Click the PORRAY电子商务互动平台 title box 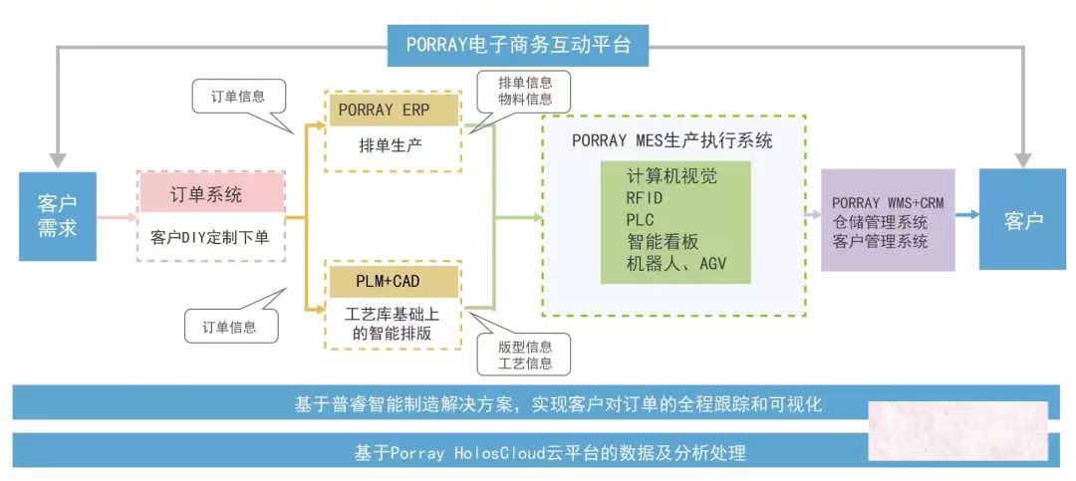point(518,44)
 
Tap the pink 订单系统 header point(212,193)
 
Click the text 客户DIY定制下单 point(212,239)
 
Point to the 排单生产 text point(392,145)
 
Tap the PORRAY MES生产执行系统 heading point(672,141)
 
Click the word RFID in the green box point(645,197)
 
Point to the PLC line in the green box point(640,218)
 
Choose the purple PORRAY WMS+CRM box point(888,221)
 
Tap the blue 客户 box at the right point(1023,220)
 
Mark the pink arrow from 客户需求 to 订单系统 point(116,215)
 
